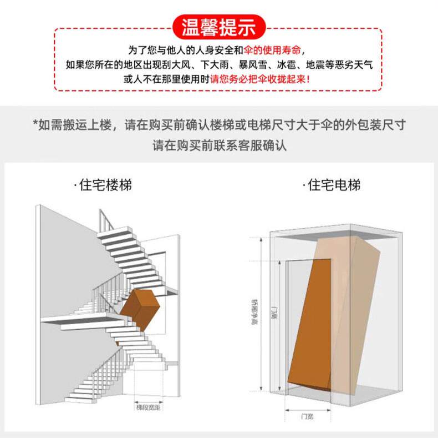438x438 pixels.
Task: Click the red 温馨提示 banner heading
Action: click(x=218, y=27)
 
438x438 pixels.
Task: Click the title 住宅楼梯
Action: click(x=104, y=184)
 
